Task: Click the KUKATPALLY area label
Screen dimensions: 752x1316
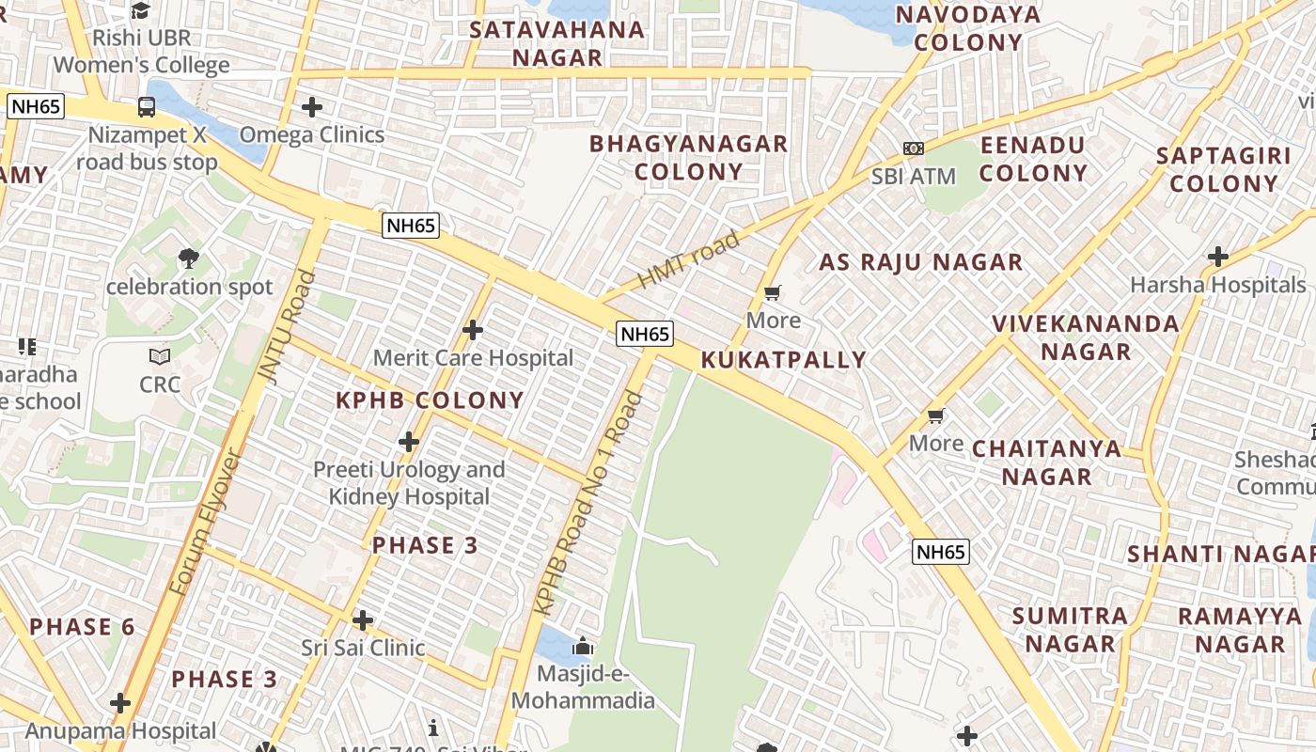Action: coord(784,360)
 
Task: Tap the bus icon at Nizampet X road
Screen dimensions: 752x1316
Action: coord(147,107)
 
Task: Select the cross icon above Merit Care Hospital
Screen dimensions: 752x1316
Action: coord(473,330)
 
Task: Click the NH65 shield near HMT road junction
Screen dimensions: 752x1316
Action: coord(645,334)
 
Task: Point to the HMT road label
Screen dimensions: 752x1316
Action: coord(689,261)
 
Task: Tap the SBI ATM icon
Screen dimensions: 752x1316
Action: coord(913,149)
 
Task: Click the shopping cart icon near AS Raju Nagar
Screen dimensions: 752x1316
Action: coord(773,293)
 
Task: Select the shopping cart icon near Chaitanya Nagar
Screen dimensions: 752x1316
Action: coord(935,415)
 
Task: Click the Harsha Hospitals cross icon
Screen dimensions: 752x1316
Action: coord(1218,256)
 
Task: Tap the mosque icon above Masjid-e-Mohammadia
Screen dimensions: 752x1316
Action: coord(583,647)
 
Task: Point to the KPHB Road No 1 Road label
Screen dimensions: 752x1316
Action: coord(588,504)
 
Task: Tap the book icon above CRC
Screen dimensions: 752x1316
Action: coord(160,357)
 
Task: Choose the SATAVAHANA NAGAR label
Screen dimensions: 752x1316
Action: coord(557,43)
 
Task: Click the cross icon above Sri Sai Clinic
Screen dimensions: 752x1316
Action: coord(363,620)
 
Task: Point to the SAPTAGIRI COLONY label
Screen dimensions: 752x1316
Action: coord(1223,169)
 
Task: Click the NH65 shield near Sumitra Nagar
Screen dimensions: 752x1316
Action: coord(940,552)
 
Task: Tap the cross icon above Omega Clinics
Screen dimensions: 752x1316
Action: coord(312,107)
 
